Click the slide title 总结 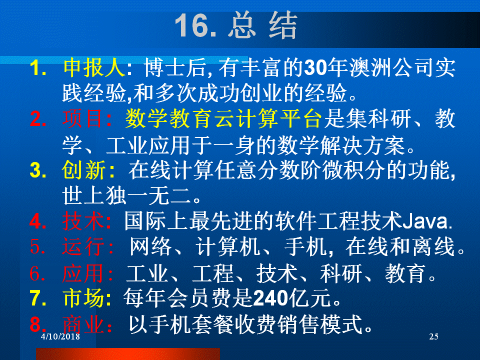(x=262, y=25)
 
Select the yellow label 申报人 (x=94, y=67)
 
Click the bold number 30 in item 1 (x=315, y=67)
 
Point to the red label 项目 (x=82, y=118)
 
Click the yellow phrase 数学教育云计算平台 (x=223, y=118)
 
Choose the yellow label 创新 (x=84, y=170)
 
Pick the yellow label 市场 (x=83, y=297)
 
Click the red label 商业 (x=83, y=324)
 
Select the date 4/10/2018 (x=60, y=336)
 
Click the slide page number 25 (x=434, y=336)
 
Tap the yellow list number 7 (x=38, y=298)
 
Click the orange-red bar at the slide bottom (x=128, y=354)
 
